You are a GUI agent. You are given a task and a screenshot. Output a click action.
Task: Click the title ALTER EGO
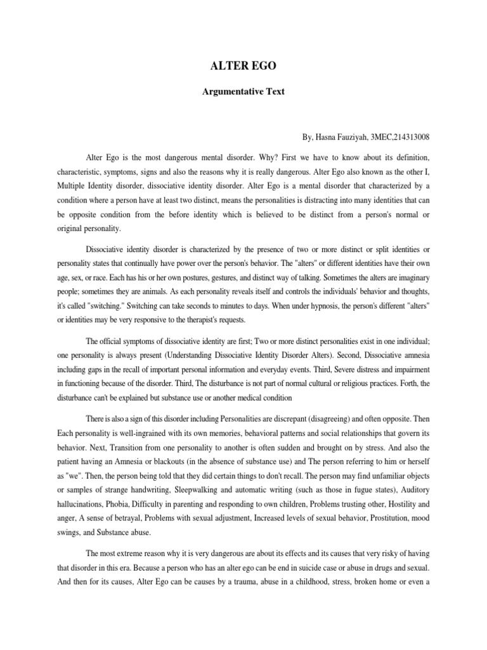coord(243,64)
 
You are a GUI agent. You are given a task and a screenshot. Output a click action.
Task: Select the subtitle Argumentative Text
coord(243,91)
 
